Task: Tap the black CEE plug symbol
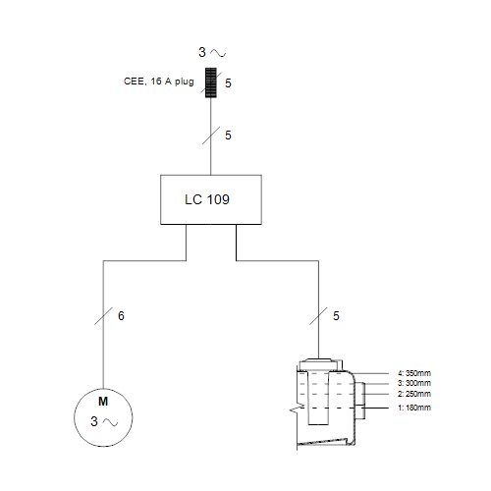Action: click(211, 82)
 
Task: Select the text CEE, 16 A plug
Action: click(158, 82)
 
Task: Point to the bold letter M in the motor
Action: click(103, 402)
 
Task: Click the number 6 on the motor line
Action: click(121, 316)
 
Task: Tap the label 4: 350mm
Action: click(414, 373)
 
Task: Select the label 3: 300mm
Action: click(414, 383)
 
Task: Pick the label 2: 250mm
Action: click(414, 394)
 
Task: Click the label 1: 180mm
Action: click(414, 408)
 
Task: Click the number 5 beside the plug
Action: click(228, 83)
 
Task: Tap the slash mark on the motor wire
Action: click(103, 316)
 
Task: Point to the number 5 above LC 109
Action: click(228, 136)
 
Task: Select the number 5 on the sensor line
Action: click(336, 316)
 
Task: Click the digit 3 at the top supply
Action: click(202, 52)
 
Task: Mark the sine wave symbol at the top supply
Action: click(218, 53)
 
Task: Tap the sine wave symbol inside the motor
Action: click(110, 422)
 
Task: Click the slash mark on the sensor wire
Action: click(318, 316)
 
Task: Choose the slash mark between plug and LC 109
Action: click(211, 136)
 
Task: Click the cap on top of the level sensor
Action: click(319, 363)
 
